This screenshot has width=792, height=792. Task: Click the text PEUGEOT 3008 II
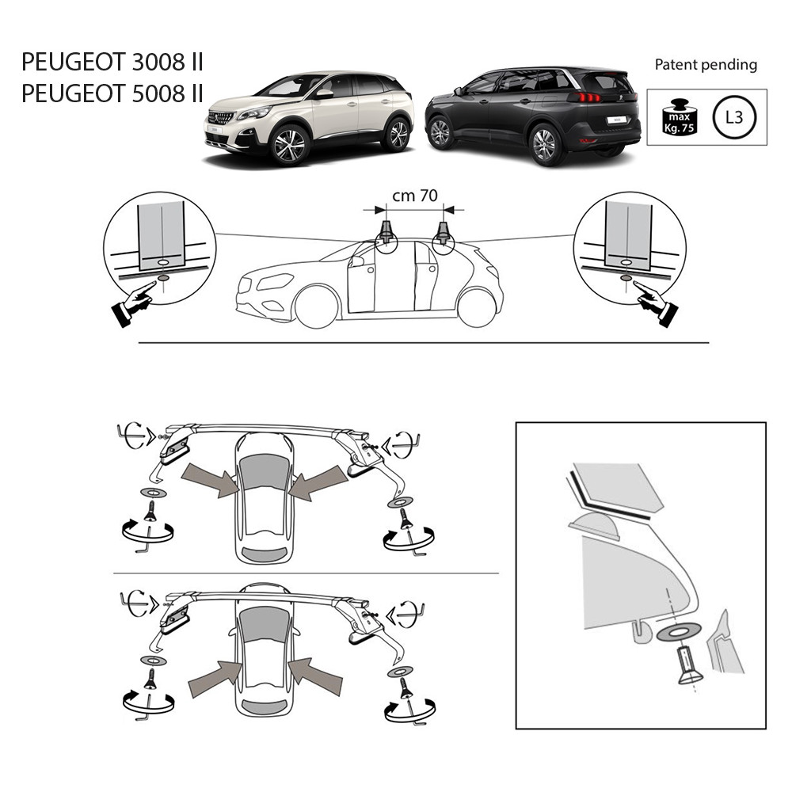[112, 62]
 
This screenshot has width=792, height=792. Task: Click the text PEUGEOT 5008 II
[112, 94]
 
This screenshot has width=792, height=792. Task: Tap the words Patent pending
[706, 65]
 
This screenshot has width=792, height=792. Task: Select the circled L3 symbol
[734, 118]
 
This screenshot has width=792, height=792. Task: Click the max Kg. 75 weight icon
[680, 117]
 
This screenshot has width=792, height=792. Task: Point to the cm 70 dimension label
[415, 196]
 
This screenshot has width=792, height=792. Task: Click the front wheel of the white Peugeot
[289, 145]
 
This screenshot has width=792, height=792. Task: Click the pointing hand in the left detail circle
[133, 303]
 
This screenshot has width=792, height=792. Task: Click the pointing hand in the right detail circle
[656, 303]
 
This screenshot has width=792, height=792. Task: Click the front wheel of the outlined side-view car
[317, 306]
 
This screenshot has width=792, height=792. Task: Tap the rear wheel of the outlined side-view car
[477, 307]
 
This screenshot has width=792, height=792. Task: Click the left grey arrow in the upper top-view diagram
[210, 479]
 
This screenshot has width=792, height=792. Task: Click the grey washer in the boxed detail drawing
[679, 632]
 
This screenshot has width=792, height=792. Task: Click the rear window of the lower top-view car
[264, 707]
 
